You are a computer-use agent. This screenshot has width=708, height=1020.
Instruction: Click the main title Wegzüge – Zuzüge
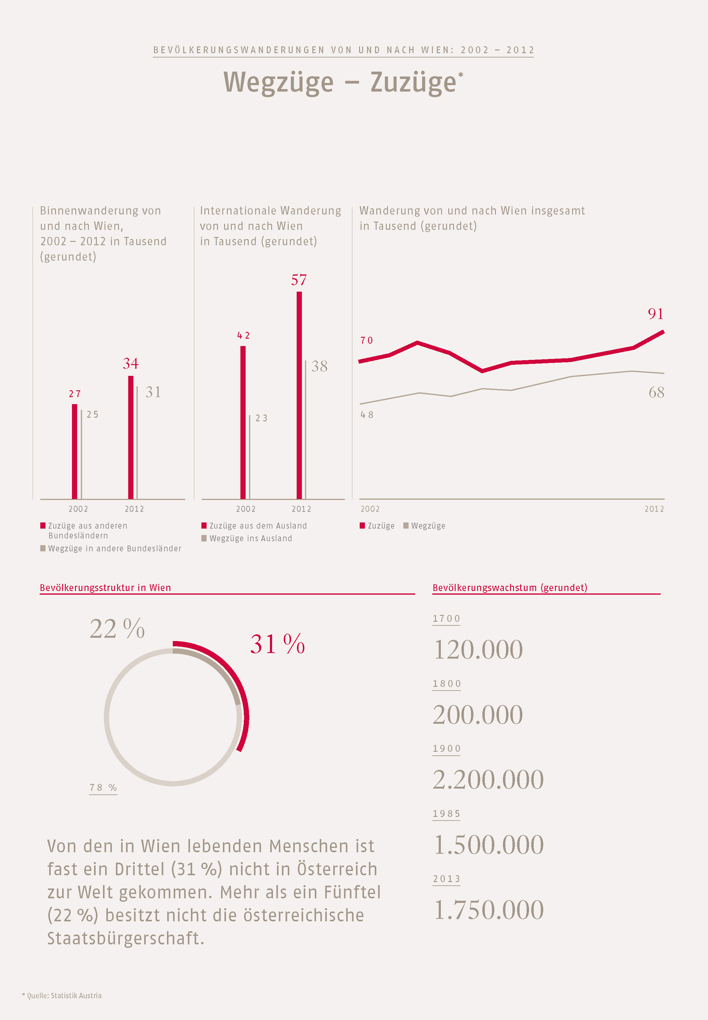coord(342,83)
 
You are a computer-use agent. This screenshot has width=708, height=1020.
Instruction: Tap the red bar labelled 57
coord(299,395)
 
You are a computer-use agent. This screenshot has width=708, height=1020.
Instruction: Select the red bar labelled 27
coord(74,451)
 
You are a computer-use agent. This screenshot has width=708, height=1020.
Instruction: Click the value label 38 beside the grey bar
coord(319,366)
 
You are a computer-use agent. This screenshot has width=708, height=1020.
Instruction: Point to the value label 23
coord(261,418)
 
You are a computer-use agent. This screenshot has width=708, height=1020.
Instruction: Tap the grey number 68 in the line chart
coord(656,392)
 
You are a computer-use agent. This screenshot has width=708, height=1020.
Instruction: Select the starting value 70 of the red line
coord(366,341)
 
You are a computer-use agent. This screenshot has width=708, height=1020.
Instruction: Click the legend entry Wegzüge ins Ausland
coord(250,538)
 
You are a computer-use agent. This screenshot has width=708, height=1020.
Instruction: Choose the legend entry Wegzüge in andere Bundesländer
coord(114,549)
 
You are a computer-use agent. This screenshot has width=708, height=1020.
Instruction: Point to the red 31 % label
coord(277,644)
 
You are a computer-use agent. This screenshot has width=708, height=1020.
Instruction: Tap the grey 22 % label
coord(117,629)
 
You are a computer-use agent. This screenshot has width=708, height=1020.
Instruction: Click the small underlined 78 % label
coord(103,788)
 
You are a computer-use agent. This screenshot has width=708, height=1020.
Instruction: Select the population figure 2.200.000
coord(488,780)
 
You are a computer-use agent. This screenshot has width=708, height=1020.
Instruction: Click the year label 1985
coord(446,814)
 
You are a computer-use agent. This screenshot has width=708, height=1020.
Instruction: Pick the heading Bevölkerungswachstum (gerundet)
coord(510,588)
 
